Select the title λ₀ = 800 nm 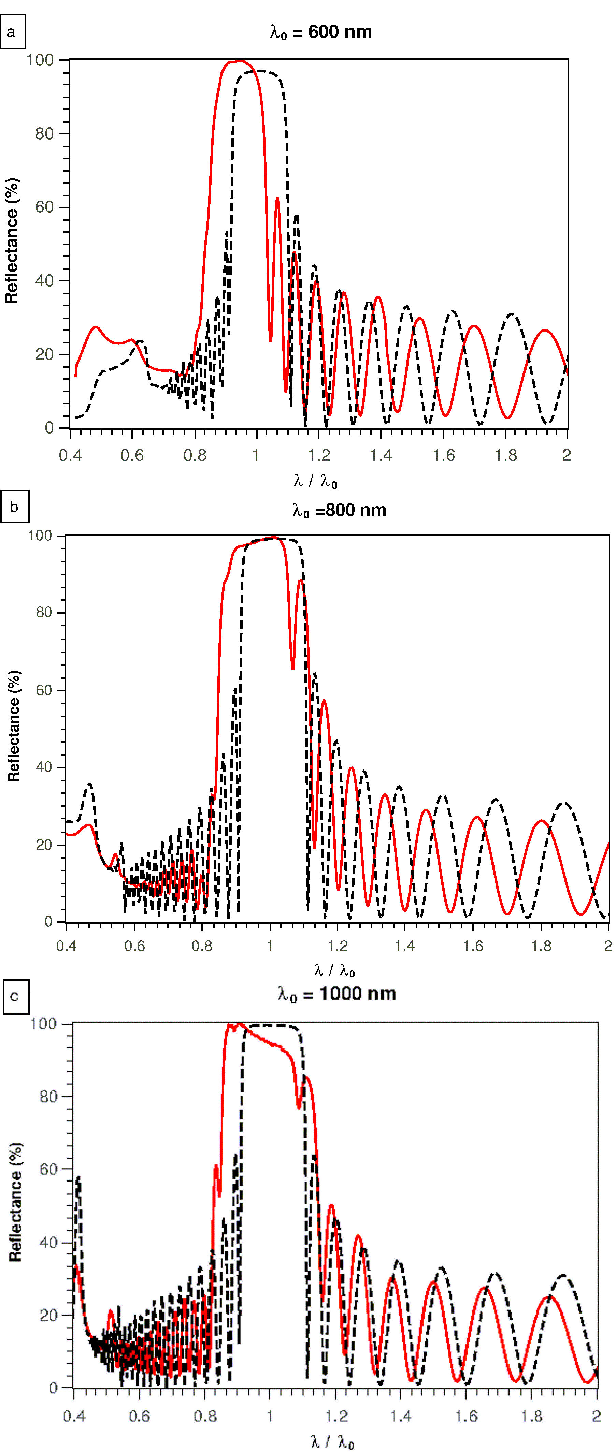click(339, 511)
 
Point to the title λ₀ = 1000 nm click(337, 994)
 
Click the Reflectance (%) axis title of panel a click(12, 241)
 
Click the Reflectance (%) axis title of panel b click(14, 726)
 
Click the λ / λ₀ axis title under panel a click(315, 481)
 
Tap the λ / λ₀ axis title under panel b click(334, 970)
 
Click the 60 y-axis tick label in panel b click(44, 690)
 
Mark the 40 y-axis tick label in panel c click(48, 1242)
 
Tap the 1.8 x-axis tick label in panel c click(531, 1416)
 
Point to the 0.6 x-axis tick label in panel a click(132, 455)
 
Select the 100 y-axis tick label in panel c click(43, 1024)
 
